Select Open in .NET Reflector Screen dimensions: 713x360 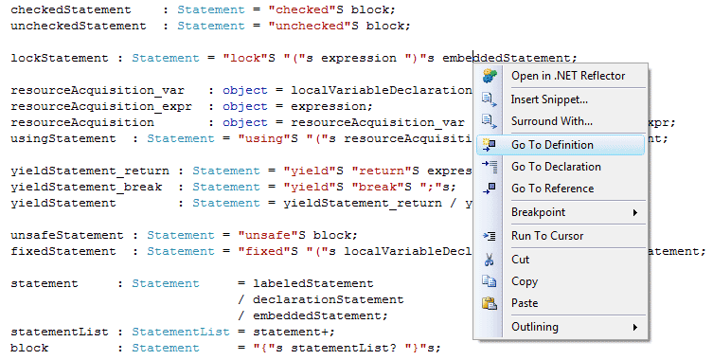pyautogui.click(x=568, y=76)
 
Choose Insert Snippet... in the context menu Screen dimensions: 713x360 pyautogui.click(x=549, y=99)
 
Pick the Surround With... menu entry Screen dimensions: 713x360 pyautogui.click(x=552, y=121)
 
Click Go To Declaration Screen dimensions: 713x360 pyautogui.click(x=556, y=167)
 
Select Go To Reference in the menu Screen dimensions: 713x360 pyautogui.click(x=552, y=189)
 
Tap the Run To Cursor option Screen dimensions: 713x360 pyautogui.click(x=547, y=236)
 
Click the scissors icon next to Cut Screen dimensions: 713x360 pyautogui.click(x=490, y=260)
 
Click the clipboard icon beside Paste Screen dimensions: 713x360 pyautogui.click(x=490, y=303)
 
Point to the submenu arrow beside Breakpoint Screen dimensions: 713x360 pyautogui.click(x=635, y=212)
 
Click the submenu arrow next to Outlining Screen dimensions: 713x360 pyautogui.click(x=635, y=327)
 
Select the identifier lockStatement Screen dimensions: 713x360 pyautogui.click(x=60, y=58)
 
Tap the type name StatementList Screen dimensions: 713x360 pyautogui.click(x=181, y=332)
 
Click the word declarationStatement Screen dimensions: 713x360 pyautogui.click(x=329, y=299)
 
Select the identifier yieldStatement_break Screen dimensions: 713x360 pyautogui.click(x=86, y=187)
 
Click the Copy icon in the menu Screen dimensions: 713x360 pyautogui.click(x=490, y=281)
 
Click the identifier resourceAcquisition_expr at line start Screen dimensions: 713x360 pyautogui.click(x=101, y=106)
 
